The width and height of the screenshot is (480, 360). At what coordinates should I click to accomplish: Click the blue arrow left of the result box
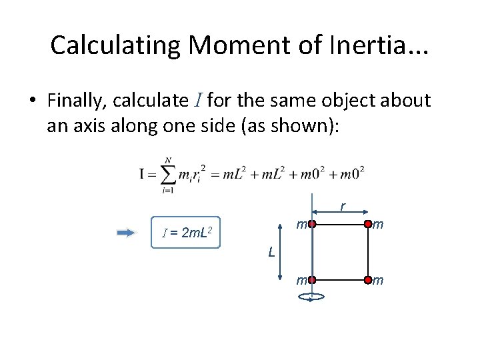(126, 233)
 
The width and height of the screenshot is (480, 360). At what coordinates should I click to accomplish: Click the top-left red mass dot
(311, 225)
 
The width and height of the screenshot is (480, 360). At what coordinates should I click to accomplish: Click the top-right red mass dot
(367, 225)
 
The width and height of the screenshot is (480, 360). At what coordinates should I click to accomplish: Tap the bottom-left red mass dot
(311, 281)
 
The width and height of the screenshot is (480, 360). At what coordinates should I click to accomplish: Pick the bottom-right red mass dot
(367, 281)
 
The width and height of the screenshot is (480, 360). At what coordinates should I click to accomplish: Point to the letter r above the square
(342, 207)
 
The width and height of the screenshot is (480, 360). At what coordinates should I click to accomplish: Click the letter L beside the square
(271, 252)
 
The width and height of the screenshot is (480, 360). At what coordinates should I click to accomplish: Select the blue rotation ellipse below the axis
(311, 299)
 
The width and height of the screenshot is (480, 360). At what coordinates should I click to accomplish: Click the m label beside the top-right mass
(378, 226)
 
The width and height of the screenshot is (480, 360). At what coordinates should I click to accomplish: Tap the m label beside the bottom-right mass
(378, 281)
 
